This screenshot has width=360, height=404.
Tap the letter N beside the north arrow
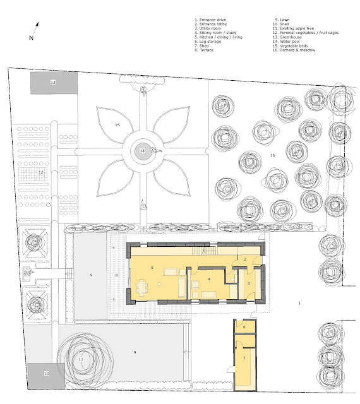click(31, 38)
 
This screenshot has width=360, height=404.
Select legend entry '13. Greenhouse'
click(287, 37)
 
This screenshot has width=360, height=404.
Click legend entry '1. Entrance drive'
click(210, 20)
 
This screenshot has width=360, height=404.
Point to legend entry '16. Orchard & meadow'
click(294, 50)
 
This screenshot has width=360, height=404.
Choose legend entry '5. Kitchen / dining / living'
click(219, 37)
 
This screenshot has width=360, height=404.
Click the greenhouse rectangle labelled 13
click(54, 83)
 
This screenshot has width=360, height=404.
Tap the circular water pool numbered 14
click(142, 151)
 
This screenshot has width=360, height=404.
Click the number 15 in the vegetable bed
click(117, 125)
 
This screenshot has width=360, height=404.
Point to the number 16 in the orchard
click(272, 155)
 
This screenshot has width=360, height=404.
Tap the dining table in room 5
click(142, 288)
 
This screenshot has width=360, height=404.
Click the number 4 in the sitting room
click(209, 279)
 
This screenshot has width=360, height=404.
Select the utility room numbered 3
click(249, 283)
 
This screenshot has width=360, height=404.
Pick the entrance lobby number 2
click(245, 259)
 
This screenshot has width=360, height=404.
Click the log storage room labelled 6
click(244, 327)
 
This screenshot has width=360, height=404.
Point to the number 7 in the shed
click(244, 358)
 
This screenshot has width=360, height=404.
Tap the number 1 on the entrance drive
click(299, 303)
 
